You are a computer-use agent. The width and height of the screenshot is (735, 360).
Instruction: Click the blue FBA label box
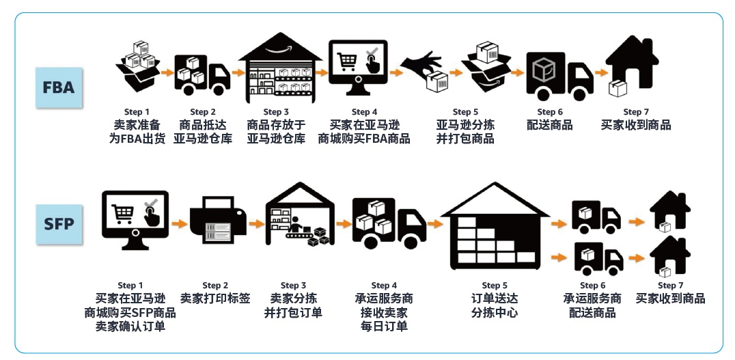click(x=59, y=87)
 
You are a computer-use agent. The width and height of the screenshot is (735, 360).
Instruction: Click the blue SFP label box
click(x=59, y=224)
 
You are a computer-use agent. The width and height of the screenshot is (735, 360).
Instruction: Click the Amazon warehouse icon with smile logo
click(x=280, y=68)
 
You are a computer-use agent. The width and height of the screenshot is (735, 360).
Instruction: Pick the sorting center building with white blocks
click(x=495, y=226)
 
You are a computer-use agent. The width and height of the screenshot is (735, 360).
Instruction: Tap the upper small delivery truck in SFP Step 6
click(x=596, y=217)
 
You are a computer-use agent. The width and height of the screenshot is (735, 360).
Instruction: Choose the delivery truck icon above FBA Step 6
click(x=559, y=76)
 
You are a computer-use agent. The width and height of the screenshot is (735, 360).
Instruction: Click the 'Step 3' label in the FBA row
click(x=276, y=112)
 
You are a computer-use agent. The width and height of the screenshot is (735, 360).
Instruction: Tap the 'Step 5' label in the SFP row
click(x=495, y=286)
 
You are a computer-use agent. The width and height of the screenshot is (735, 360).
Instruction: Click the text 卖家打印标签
click(x=215, y=299)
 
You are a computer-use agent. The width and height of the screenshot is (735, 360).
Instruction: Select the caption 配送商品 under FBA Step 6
click(x=550, y=125)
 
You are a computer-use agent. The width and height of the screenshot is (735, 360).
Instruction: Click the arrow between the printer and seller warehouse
click(x=256, y=223)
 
